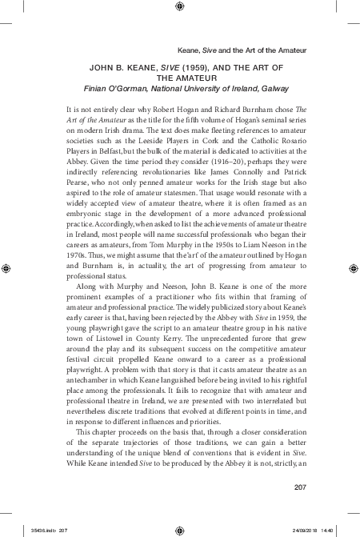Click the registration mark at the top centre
click(x=180, y=9)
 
